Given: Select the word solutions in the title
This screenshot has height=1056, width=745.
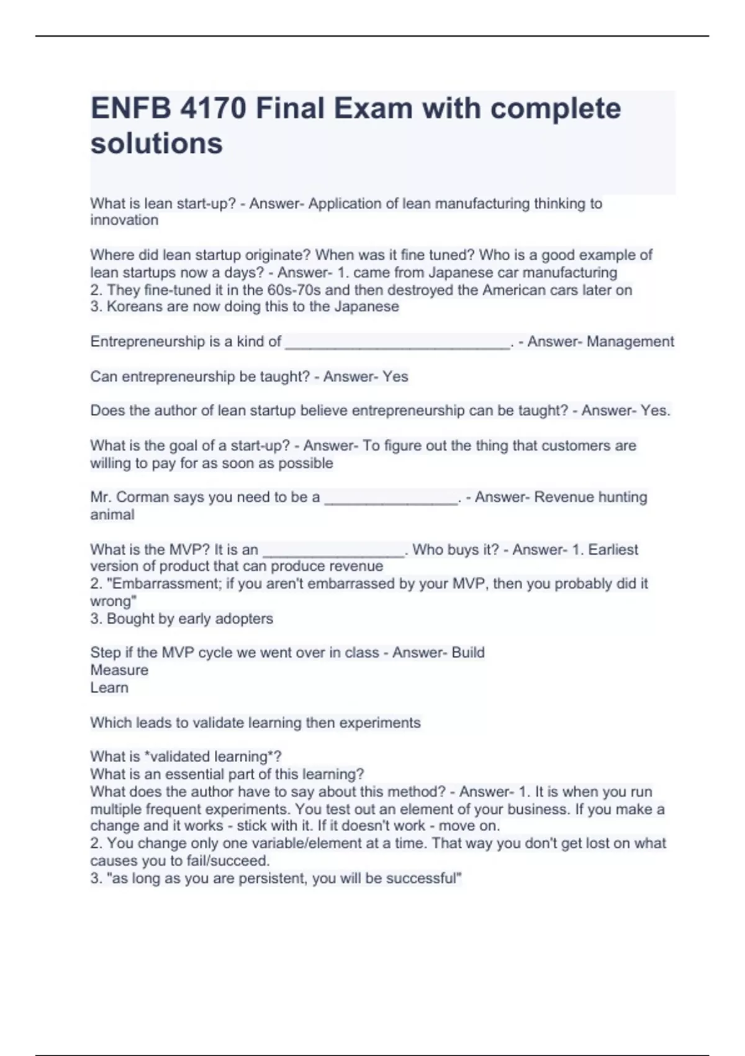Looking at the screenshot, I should click(156, 143).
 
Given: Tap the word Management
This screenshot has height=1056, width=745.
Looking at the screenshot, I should click(630, 342).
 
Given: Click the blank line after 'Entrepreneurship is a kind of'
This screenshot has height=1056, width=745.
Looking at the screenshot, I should click(397, 344).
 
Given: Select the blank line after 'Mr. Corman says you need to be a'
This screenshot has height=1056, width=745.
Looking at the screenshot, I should click(391, 499).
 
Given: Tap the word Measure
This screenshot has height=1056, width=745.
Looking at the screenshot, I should click(119, 670).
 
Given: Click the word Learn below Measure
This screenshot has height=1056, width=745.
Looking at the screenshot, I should click(109, 688).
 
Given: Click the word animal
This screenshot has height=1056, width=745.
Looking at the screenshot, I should click(112, 515).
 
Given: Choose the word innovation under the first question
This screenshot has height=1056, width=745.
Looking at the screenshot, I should click(124, 221).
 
